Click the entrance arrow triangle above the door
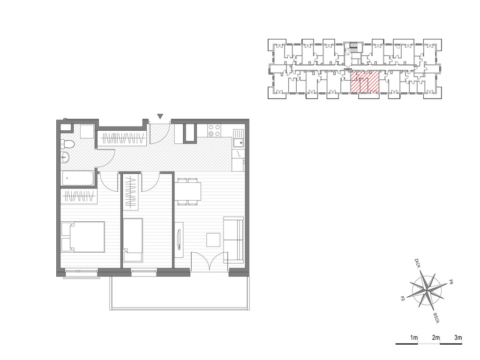click(160, 116)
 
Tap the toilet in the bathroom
click(67, 144)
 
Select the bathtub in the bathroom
click(78, 178)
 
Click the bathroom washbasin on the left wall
click(65, 157)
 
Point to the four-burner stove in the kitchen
click(214, 130)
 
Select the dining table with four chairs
click(187, 191)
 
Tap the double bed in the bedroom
click(83, 237)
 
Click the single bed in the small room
click(133, 240)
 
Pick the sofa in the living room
click(233, 240)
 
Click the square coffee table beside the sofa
click(213, 240)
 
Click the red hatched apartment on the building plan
click(365, 82)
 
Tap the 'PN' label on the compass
click(450, 281)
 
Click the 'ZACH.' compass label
click(417, 263)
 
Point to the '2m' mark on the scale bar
click(435, 337)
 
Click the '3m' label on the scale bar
click(458, 337)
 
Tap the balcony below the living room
click(180, 293)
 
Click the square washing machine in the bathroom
click(87, 131)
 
